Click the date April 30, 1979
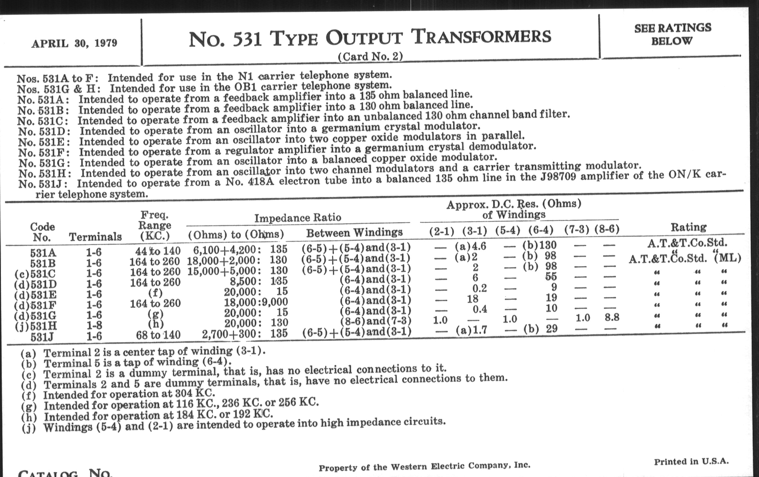point(74,43)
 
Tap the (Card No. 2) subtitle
point(370,56)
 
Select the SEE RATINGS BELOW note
point(672,34)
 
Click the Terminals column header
point(95,236)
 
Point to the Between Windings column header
point(354,233)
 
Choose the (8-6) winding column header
point(607,229)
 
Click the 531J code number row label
point(42,337)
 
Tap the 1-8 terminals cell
point(94,325)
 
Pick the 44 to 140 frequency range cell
point(158,251)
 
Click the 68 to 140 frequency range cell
point(158,335)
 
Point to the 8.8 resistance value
point(611,317)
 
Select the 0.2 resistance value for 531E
point(479,288)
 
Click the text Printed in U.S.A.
point(691,462)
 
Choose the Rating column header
point(688,227)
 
